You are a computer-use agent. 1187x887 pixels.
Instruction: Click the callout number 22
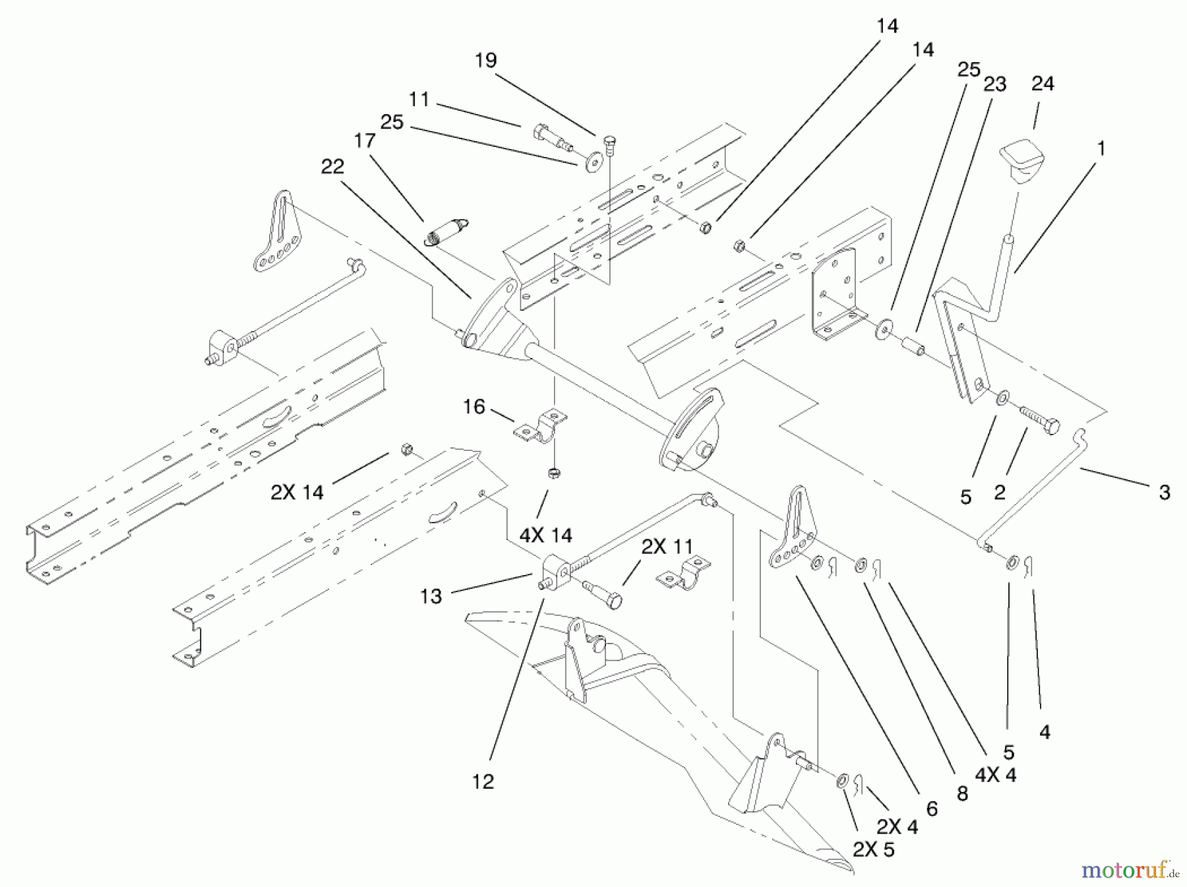332,166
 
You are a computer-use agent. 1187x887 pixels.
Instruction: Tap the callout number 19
485,61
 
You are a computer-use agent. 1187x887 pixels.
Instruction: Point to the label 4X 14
545,534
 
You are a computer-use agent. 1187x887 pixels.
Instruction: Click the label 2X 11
667,546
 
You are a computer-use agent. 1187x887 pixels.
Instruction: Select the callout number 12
483,781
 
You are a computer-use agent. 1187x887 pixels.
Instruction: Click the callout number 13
431,596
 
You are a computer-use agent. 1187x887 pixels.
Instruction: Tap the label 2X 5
873,850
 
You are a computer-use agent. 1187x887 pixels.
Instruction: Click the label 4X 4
995,776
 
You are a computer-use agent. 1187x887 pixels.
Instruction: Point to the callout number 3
1164,492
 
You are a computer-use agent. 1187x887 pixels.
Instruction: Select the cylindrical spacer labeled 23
912,345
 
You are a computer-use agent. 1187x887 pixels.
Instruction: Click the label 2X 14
297,492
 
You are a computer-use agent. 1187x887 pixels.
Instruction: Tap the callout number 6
932,809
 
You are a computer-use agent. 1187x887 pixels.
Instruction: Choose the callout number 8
962,793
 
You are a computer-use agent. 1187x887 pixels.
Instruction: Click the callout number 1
1100,149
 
